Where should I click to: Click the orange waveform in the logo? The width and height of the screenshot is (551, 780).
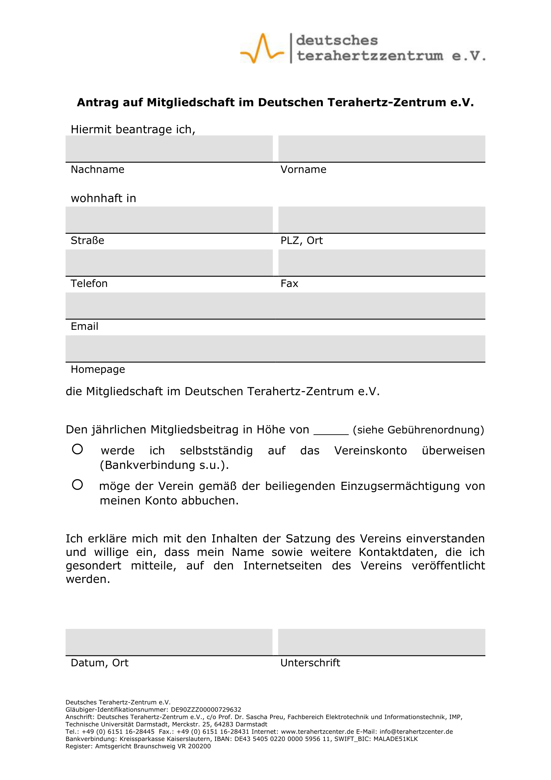click(x=262, y=48)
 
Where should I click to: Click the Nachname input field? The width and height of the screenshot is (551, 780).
click(x=169, y=149)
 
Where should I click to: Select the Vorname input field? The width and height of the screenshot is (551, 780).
click(x=382, y=149)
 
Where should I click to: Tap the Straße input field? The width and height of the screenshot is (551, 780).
click(x=169, y=220)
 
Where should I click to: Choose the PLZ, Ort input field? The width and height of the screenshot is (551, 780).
click(x=382, y=220)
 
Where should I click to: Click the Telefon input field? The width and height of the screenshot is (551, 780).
click(x=169, y=262)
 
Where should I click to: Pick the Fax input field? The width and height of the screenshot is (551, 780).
click(x=382, y=262)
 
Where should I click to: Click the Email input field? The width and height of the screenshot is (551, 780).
click(x=275, y=306)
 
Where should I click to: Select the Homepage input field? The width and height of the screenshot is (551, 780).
click(x=275, y=348)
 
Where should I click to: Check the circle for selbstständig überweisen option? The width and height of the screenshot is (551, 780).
click(x=77, y=449)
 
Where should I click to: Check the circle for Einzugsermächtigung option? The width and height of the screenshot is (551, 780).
click(x=77, y=485)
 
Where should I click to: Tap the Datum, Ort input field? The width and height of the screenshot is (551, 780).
click(x=169, y=642)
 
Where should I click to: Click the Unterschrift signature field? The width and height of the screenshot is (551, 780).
click(x=382, y=642)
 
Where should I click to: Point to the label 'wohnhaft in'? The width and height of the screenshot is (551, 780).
click(x=104, y=198)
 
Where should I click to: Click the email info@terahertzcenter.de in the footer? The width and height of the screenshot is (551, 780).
click(x=416, y=731)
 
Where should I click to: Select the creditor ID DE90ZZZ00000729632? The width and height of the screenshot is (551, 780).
click(x=206, y=710)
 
